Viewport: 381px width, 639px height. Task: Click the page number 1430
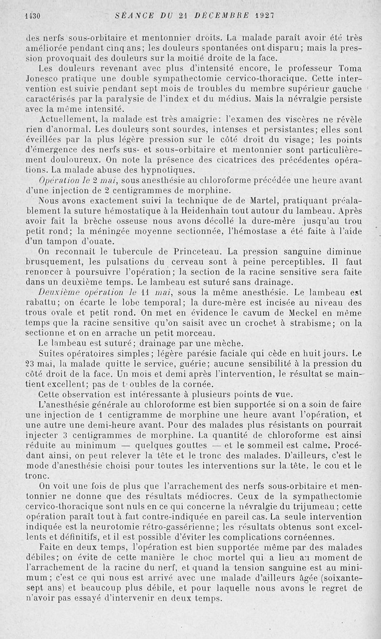pos(31,15)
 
